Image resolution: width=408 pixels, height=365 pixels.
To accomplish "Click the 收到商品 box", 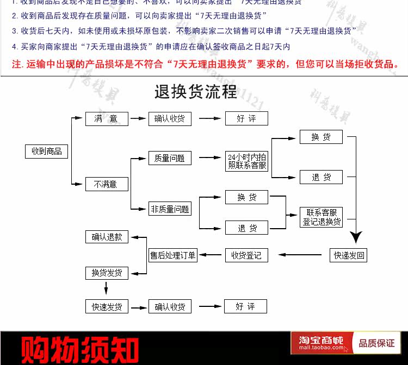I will click(46, 151).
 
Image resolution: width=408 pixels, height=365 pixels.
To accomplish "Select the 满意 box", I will click(107, 118).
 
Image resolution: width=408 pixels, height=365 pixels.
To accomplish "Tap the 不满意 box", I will click(107, 184).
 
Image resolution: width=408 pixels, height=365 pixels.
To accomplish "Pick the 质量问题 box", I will click(170, 158).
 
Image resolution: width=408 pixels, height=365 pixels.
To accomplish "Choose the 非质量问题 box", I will click(170, 209).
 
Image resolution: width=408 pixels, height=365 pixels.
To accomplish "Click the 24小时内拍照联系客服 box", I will click(246, 161).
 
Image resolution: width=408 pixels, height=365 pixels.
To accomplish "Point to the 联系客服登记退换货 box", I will click(322, 217).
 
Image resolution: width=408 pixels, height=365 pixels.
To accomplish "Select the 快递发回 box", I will click(349, 255).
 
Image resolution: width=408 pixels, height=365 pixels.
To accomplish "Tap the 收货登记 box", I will click(246, 255).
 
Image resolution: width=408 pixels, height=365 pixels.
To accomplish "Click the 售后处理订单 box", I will click(173, 255).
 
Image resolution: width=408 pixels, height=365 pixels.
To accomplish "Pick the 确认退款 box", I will click(107, 237).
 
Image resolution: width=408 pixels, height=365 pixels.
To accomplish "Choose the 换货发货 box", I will click(107, 272).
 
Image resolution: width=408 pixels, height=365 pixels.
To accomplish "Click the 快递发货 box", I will click(107, 306).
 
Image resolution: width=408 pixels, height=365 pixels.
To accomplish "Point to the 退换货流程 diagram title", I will click(196, 92).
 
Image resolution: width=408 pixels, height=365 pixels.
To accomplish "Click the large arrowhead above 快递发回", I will click(356, 237).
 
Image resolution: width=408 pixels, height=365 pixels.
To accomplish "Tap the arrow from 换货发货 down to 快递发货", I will click(107, 288).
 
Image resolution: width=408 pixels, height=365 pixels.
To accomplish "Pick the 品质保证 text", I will click(376, 343).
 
